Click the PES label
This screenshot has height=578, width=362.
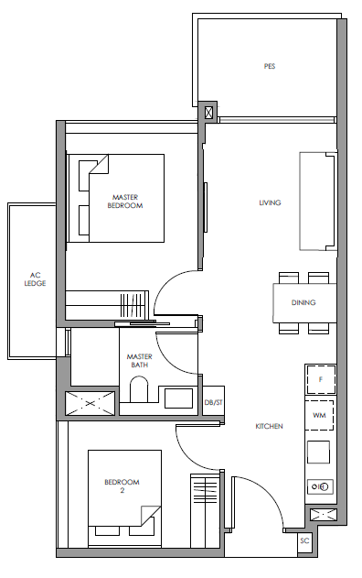(270, 66)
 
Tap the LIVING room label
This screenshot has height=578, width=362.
(270, 202)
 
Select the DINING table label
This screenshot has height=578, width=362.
(303, 302)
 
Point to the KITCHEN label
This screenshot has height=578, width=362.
(269, 426)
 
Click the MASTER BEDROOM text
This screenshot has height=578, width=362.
(125, 202)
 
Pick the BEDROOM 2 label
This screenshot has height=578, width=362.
(122, 485)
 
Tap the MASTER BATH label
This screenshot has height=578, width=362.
(140, 361)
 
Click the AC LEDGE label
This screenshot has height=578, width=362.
(35, 279)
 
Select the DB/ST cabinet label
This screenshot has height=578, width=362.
(213, 402)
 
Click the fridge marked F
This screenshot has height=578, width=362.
(321, 379)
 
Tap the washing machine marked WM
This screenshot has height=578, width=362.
(319, 415)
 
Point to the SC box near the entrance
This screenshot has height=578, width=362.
(304, 541)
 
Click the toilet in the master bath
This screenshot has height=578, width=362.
(139, 389)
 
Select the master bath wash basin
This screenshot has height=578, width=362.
(178, 398)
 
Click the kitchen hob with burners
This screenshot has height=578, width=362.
(320, 486)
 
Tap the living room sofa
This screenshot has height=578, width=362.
(318, 202)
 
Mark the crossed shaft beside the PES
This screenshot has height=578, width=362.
(208, 112)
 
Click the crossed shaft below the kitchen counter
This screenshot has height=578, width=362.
(323, 515)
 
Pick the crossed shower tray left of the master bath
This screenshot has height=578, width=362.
(90, 403)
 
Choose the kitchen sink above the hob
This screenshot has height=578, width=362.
(318, 452)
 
